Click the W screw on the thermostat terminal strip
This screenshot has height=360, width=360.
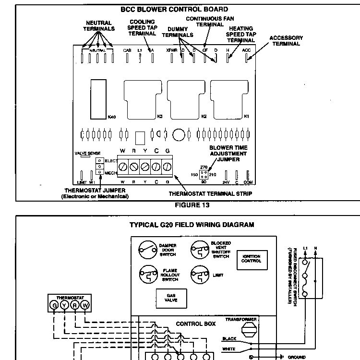(x=123, y=167)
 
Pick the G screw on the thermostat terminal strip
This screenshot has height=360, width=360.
(x=167, y=167)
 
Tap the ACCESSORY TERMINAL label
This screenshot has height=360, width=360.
(x=286, y=41)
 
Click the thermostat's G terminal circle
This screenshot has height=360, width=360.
(x=54, y=305)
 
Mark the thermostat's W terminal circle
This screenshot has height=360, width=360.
(x=85, y=305)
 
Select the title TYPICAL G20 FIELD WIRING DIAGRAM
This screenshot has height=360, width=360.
(x=192, y=225)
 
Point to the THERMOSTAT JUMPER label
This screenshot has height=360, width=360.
(x=95, y=193)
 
